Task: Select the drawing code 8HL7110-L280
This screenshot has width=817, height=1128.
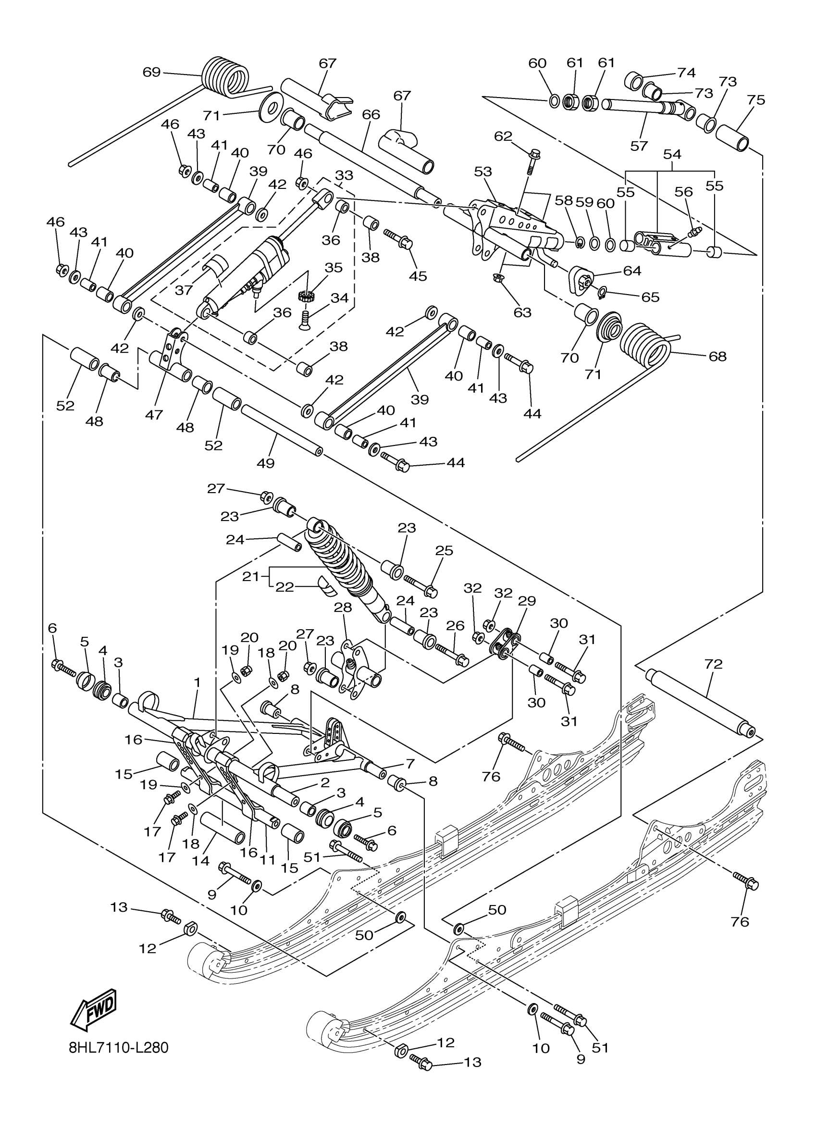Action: click(119, 1048)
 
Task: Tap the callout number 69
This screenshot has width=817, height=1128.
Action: click(152, 73)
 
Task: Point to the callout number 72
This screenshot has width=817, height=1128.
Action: click(713, 664)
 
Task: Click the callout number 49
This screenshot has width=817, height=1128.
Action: click(266, 463)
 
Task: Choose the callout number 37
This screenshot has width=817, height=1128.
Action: click(184, 290)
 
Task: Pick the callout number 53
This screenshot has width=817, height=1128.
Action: click(483, 172)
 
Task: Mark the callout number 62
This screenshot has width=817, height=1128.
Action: click(503, 136)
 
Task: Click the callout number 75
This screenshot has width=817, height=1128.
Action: click(756, 100)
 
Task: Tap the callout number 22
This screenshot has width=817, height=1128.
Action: click(285, 587)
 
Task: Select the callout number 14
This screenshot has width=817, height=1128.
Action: click(201, 861)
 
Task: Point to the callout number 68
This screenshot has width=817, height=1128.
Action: click(717, 357)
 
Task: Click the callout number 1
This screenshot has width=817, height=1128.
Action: click(197, 683)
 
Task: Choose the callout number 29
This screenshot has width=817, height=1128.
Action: click(527, 601)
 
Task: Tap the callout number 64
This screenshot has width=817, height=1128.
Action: click(632, 271)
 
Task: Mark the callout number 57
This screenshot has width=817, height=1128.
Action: click(639, 146)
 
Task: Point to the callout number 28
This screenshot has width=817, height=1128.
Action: click(343, 607)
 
